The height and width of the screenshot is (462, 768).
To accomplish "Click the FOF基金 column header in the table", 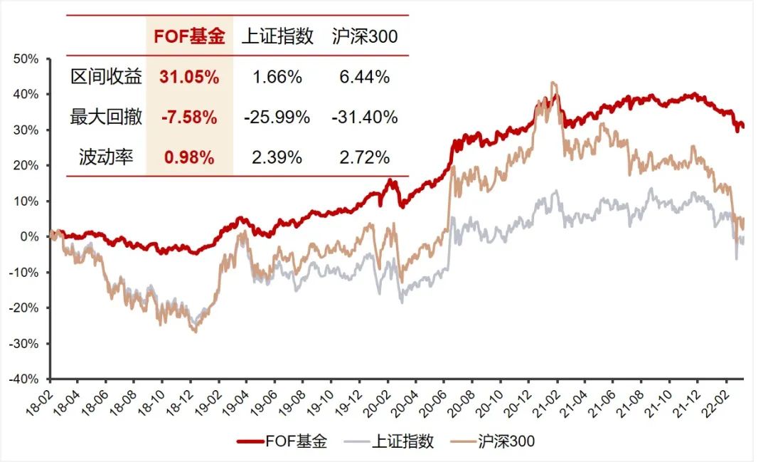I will [x=189, y=37].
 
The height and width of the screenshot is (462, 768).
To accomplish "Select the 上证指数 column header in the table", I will [x=277, y=37].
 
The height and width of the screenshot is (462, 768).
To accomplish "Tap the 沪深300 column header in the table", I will [x=364, y=37].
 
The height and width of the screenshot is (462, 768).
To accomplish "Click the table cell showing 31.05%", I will [x=189, y=78].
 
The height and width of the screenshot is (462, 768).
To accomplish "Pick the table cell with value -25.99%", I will [x=277, y=117].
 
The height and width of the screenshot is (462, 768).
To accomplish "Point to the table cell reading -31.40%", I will [x=364, y=117].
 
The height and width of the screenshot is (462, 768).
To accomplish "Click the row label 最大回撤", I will [x=106, y=117].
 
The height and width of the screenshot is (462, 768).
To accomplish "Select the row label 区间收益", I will [x=106, y=78].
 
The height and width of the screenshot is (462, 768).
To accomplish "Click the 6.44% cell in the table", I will [x=364, y=78].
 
